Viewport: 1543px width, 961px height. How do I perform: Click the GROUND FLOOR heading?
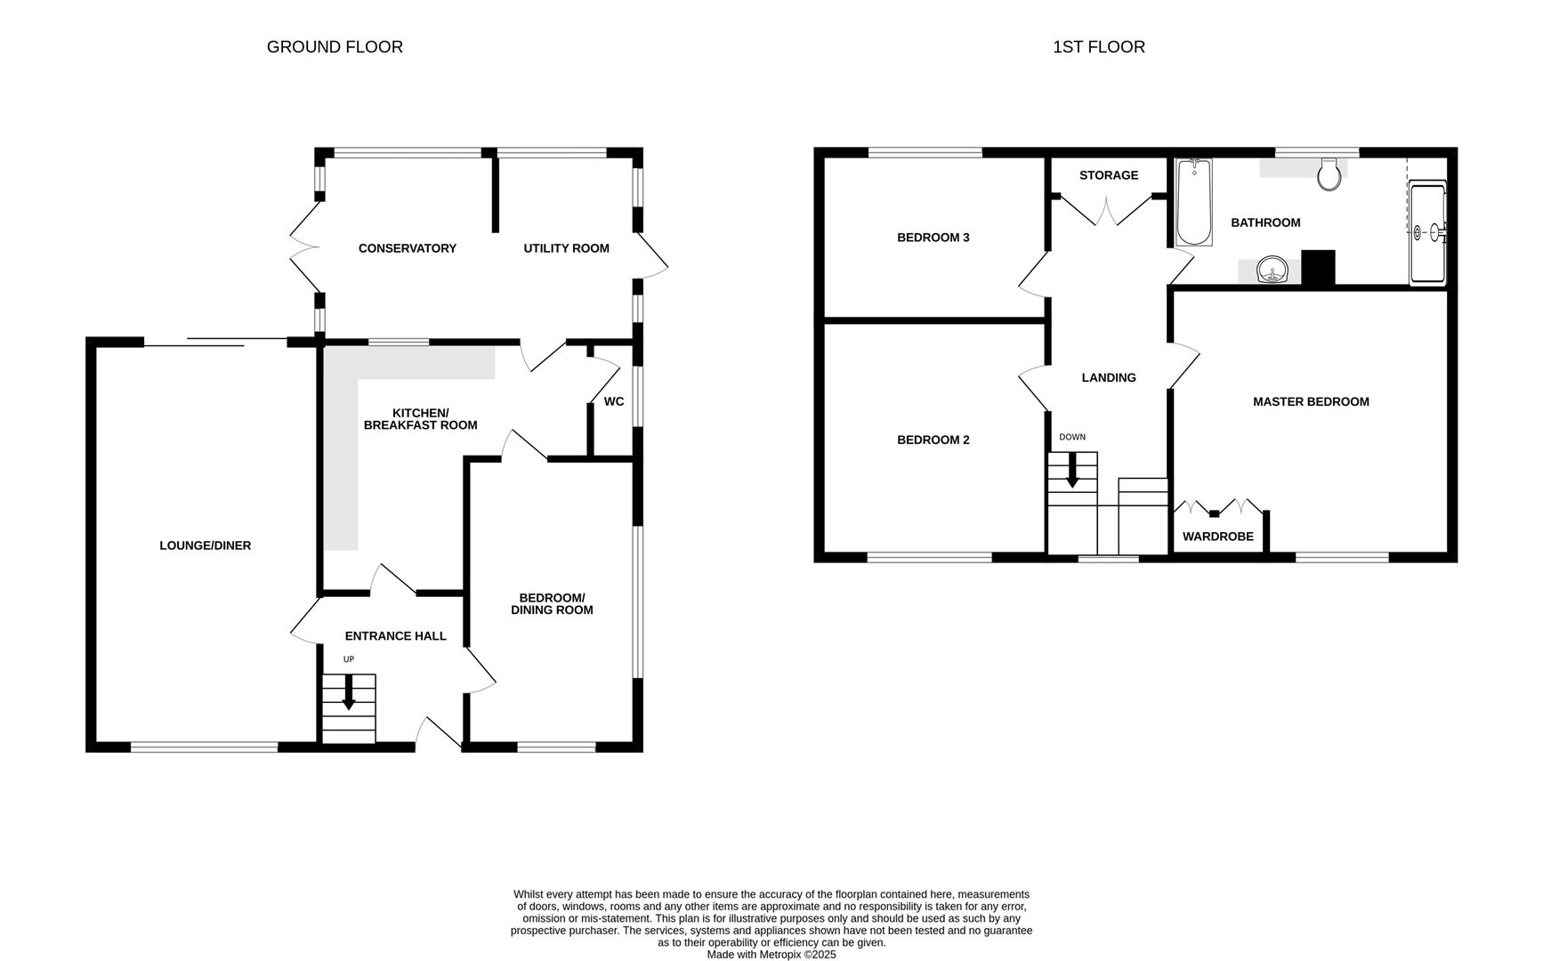[x=335, y=47]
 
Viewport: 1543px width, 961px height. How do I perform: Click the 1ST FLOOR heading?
[x=1098, y=47]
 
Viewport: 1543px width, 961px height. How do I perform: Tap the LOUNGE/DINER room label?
[x=205, y=545]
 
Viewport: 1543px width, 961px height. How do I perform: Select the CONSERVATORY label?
[x=407, y=248]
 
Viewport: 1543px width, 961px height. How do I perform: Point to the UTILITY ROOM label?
[x=566, y=248]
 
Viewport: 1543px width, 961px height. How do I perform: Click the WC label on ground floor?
[x=613, y=401]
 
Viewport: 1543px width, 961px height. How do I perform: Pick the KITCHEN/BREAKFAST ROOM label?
[x=420, y=419]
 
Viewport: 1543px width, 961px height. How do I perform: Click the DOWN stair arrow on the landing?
[x=1072, y=470]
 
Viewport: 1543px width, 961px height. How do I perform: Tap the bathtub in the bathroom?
[x=1193, y=202]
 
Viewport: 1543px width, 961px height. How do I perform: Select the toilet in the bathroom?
[x=1329, y=175]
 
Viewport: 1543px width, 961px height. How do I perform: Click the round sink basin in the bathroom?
[x=1273, y=270]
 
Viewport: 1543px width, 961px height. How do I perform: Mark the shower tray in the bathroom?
[x=1427, y=232]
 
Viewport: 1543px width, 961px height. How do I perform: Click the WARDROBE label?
[x=1217, y=537]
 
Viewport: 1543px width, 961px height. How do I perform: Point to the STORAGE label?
[x=1108, y=175]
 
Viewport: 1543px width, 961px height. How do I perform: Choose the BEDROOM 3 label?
[x=933, y=238]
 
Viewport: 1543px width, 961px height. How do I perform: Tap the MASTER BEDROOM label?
[x=1310, y=401]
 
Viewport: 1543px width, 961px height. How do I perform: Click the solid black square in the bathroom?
[x=1318, y=268]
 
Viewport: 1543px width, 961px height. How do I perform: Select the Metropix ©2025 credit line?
[x=771, y=955]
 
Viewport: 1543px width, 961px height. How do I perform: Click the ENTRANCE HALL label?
[x=395, y=636]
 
